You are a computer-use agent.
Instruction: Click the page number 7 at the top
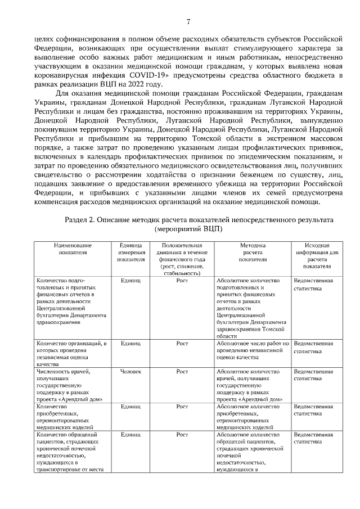click(188, 22)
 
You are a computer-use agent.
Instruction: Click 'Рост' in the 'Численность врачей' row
click(182, 372)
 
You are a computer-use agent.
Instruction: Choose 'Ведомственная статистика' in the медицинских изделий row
click(313, 409)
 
